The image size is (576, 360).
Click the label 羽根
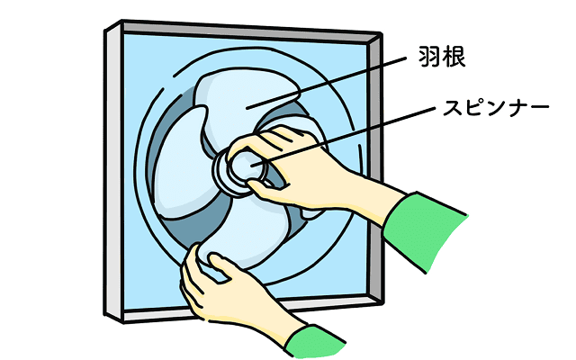pyautogui.click(x=442, y=57)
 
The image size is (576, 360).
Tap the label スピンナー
pyautogui.click(x=496, y=108)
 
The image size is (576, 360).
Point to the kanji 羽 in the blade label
pyautogui.click(x=430, y=57)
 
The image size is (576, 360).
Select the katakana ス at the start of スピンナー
pyautogui.click(x=452, y=108)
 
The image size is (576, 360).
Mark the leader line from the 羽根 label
pyautogui.click(x=326, y=83)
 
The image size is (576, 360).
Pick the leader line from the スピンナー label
pyautogui.click(x=344, y=136)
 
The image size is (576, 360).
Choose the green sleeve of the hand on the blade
pyautogui.click(x=314, y=342)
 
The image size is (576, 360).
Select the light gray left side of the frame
pyautogui.click(x=113, y=172)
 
